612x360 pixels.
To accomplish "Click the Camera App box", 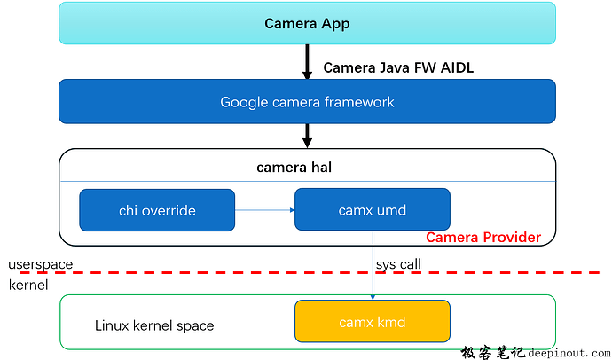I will [307, 23].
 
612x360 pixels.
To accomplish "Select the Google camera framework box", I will [307, 102].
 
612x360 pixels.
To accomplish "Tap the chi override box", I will [157, 210].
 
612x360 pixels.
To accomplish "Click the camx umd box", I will [372, 210].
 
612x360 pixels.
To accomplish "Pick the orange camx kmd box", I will [372, 322].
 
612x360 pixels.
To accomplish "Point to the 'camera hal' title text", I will [306, 167].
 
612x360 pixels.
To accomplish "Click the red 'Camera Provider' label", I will [483, 238].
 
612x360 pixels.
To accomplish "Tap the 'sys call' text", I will [399, 263].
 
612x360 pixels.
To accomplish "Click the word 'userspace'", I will [41, 264].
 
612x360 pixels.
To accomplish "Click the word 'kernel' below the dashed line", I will [28, 285].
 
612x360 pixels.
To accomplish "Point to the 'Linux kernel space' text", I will [154, 325].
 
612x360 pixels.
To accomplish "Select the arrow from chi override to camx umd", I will [264, 210].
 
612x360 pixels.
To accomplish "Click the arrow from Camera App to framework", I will [307, 61].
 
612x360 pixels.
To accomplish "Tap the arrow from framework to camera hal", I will [307, 136].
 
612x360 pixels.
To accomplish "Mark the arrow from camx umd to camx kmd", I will [373, 266].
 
